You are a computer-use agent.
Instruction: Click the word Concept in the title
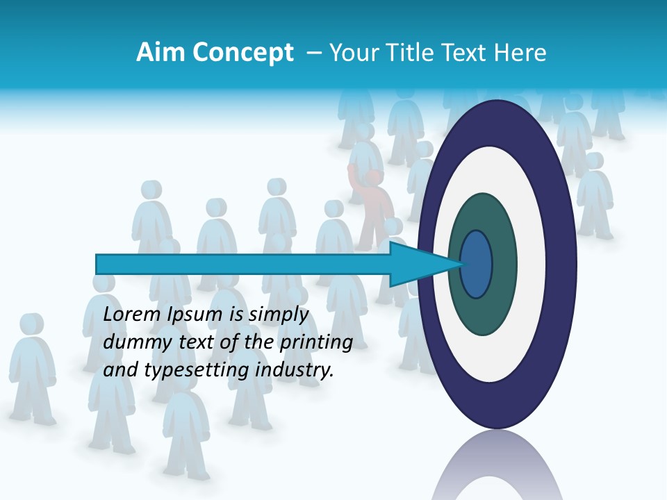tap(242, 53)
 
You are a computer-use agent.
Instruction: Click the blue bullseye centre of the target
tap(477, 264)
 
